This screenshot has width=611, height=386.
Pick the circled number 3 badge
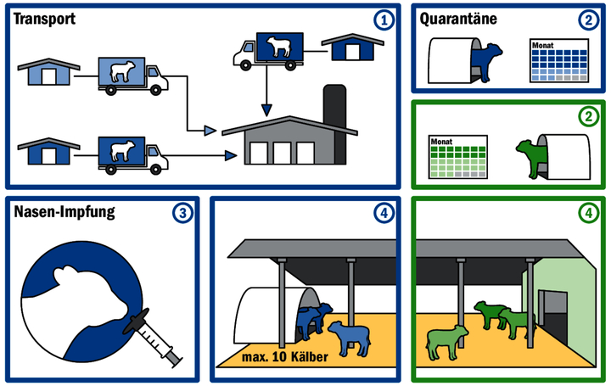click(x=185, y=214)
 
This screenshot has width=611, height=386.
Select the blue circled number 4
click(x=388, y=214)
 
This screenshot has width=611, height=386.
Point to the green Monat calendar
click(x=457, y=157)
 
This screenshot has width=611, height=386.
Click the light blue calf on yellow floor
click(x=348, y=338)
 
